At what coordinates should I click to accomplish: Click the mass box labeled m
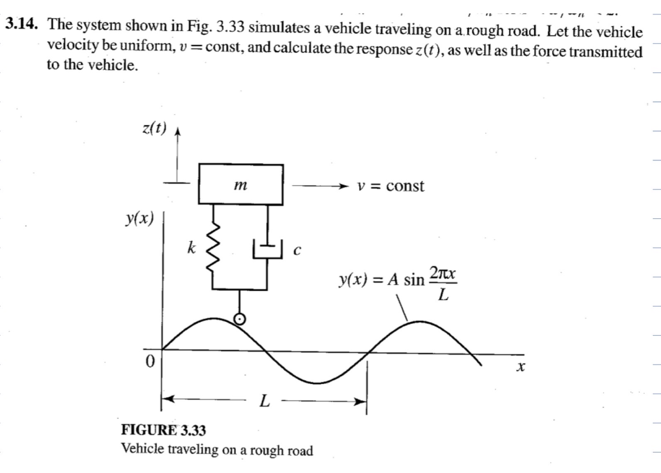[241, 185]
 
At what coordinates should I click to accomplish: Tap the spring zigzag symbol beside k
[213, 249]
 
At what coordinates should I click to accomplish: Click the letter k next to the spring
[191, 248]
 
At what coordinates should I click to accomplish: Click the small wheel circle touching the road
[240, 319]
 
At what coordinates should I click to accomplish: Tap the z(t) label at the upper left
[154, 129]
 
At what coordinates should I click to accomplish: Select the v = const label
[391, 186]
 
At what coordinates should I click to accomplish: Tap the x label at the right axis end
[521, 367]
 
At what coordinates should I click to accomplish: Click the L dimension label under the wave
[264, 402]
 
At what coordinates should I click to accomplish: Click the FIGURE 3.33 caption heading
[163, 430]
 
